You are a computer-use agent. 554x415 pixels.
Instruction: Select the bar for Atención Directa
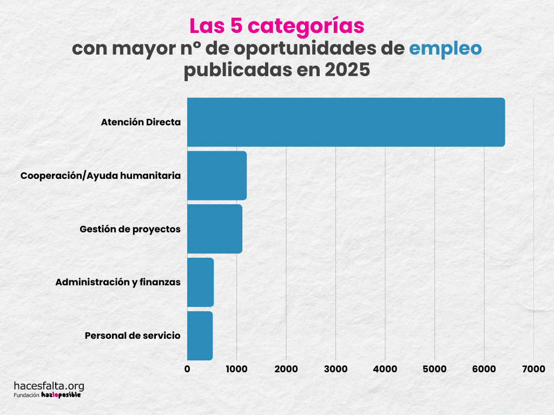click(x=346, y=122)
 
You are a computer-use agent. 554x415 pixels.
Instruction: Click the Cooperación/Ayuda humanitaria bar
click(x=216, y=176)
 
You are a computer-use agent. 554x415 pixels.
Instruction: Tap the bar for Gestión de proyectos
click(x=214, y=229)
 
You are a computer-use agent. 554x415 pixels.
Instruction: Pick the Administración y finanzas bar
click(x=200, y=282)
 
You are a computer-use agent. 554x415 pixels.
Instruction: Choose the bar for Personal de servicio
click(x=200, y=336)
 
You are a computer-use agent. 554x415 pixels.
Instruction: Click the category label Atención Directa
click(x=141, y=122)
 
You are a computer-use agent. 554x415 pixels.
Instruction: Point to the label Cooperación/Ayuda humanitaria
click(x=100, y=176)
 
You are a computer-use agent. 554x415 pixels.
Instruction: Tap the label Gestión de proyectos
click(x=130, y=229)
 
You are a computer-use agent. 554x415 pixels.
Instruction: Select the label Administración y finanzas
click(x=118, y=282)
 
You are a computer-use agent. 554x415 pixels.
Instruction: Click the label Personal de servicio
click(x=133, y=336)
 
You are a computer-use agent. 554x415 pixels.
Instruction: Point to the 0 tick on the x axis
click(x=187, y=369)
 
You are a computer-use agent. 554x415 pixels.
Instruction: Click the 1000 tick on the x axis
click(x=236, y=369)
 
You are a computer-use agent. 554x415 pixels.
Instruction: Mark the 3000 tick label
click(x=335, y=369)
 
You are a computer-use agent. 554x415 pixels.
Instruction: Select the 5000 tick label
click(x=434, y=369)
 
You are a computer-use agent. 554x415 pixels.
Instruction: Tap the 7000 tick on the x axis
click(x=533, y=369)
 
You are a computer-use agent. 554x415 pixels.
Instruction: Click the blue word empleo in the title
click(x=445, y=49)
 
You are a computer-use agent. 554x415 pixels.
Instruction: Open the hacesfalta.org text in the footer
click(x=49, y=386)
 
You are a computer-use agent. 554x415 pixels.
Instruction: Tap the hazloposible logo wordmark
click(x=61, y=395)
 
